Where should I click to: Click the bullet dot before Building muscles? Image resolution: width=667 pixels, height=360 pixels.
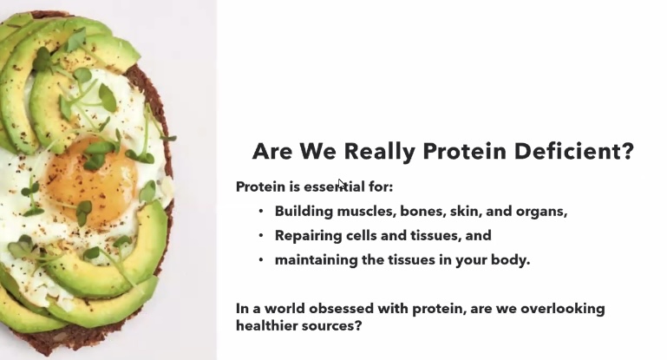point(261,211)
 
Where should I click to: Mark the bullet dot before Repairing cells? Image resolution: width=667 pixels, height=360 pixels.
point(261,235)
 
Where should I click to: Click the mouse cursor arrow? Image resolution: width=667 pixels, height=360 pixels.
point(342,184)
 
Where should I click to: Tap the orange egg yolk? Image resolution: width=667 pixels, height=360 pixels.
point(91,180)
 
